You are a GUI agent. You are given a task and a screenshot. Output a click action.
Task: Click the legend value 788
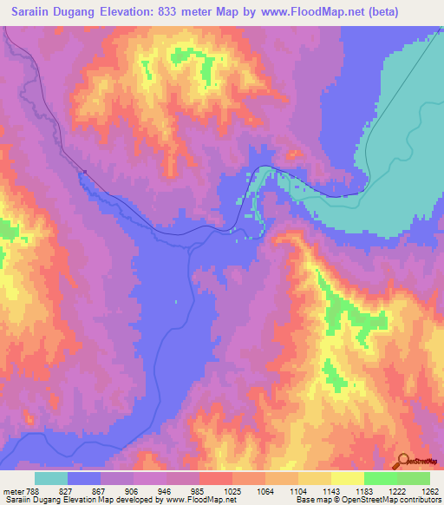33,490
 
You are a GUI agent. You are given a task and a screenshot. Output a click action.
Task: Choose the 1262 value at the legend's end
430,490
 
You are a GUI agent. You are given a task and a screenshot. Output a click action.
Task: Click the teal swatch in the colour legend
50,478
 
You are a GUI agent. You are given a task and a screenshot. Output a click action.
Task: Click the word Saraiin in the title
36,12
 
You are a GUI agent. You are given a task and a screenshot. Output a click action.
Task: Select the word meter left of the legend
13,490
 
